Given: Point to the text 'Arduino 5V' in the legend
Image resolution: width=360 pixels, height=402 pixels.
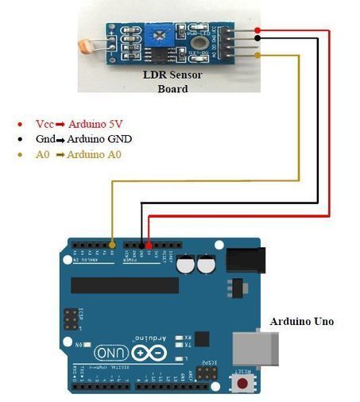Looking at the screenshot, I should coord(99,124).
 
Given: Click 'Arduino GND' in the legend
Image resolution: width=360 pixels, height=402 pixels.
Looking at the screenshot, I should coord(101,139).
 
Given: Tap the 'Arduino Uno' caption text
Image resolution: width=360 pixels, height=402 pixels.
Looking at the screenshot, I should coord(302,321).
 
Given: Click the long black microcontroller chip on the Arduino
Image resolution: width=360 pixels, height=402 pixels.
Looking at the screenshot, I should coord(125,285).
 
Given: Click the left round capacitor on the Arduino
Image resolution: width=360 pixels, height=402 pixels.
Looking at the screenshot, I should coord(187,264).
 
